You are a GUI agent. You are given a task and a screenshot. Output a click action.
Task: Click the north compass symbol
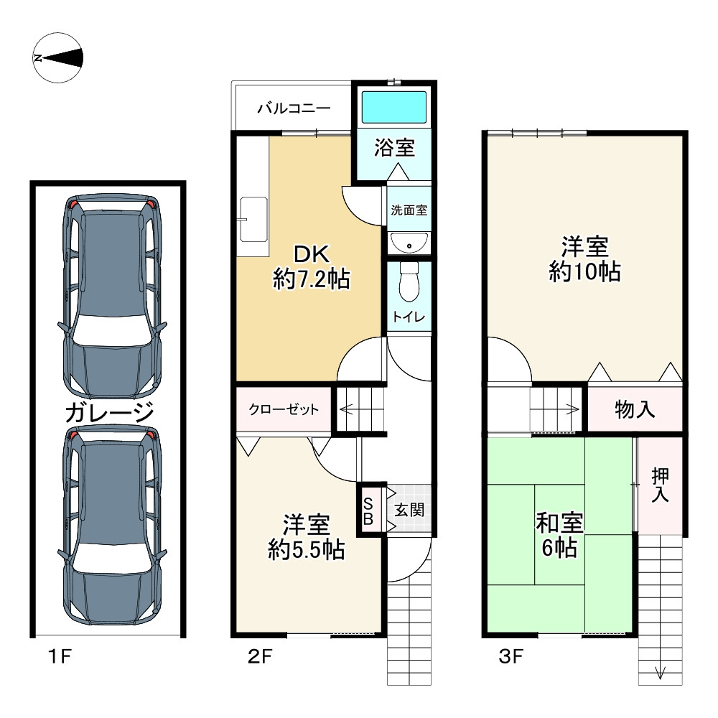tap(57, 57)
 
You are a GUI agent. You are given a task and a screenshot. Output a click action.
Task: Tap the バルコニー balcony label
tap(294, 108)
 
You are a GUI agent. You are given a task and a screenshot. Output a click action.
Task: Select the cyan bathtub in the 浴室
tap(394, 107)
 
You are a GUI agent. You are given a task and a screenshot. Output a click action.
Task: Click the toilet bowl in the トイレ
tap(409, 281)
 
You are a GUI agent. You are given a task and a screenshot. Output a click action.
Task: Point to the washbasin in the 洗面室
tap(409, 242)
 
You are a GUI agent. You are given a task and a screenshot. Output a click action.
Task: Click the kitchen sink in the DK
tap(253, 219)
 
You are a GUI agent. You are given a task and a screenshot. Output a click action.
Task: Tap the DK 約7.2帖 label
tap(312, 266)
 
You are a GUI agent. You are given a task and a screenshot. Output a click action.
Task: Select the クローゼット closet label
tap(284, 409)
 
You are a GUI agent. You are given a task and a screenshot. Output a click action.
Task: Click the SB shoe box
tap(368, 510)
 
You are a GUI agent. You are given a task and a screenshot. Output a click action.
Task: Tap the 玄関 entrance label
tap(409, 510)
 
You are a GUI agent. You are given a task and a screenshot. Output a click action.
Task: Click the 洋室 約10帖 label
tap(584, 259)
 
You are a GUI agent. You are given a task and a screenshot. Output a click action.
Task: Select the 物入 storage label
tap(635, 409)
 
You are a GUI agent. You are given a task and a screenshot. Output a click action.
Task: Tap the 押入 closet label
tap(660, 485)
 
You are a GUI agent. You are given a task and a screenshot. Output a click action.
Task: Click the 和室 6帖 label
tap(559, 535)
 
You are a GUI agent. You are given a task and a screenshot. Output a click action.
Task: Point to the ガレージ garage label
tap(109, 411)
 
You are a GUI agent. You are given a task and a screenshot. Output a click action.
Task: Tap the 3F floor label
tap(511, 657)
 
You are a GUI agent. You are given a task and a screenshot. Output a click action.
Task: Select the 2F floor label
tap(260, 657)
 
